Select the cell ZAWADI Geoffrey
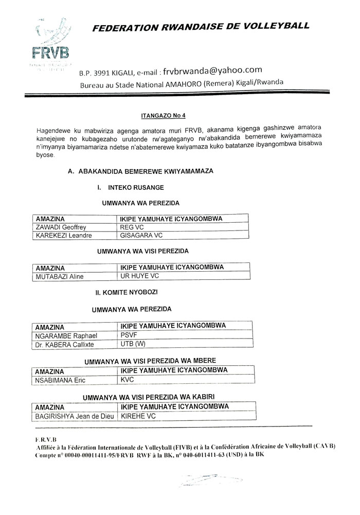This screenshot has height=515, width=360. click(60, 227)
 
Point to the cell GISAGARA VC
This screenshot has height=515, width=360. click(141, 236)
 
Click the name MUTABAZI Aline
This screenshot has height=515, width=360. click(59, 276)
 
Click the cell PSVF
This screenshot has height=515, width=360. click(129, 335)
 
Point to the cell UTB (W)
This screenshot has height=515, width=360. click(133, 344)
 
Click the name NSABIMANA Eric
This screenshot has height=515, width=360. click(60, 380)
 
